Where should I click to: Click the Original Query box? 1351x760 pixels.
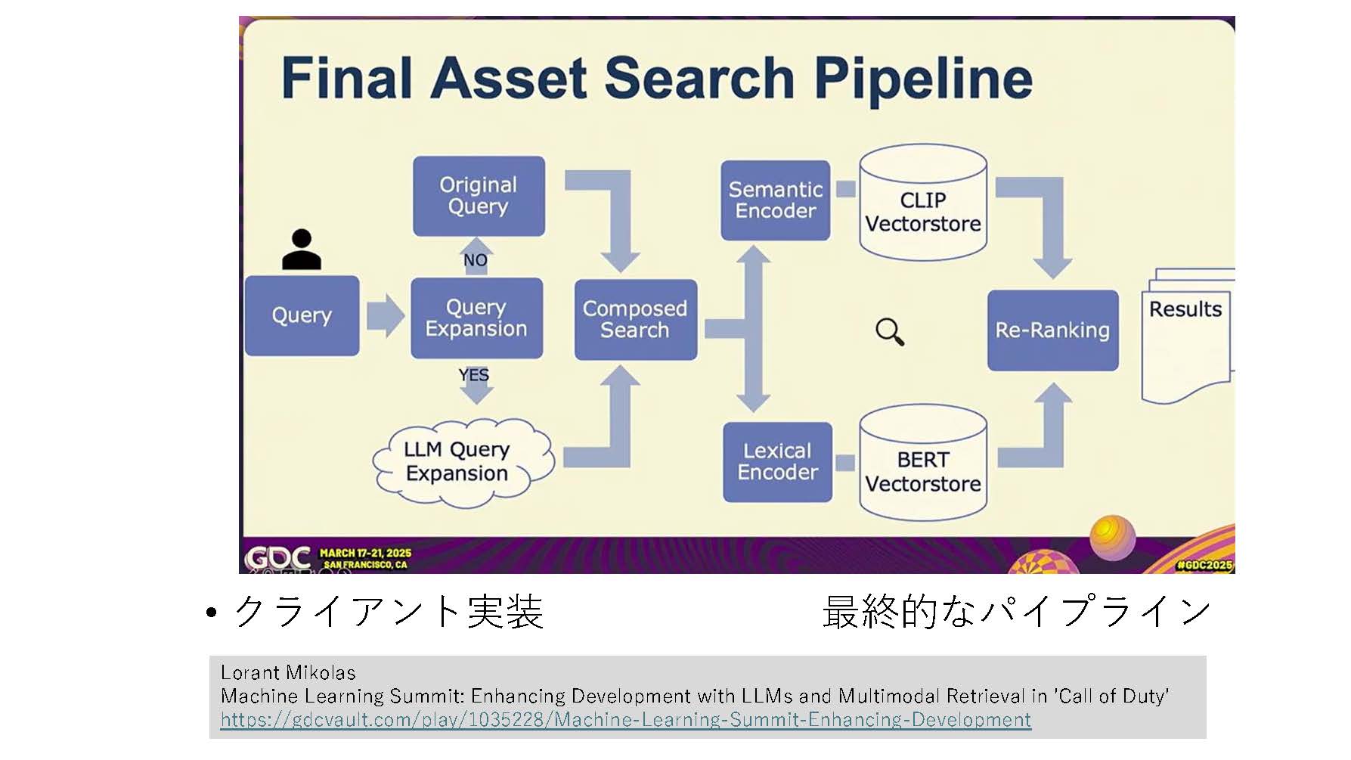479,196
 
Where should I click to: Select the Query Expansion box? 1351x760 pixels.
476,318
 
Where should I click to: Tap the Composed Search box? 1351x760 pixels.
635,319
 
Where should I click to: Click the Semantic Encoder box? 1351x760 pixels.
775,200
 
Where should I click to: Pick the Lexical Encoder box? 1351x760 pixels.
777,461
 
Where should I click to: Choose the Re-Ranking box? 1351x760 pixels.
1052,330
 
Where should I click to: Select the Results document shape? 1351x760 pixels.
1185,337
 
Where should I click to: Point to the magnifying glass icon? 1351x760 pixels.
890,331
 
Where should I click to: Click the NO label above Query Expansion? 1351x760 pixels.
476,260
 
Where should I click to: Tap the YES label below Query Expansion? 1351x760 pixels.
474,375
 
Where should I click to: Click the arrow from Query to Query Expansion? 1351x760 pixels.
385,315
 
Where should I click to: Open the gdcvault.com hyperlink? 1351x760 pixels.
625,719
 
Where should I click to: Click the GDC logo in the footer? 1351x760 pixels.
277,558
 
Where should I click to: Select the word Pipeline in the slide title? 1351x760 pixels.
923,79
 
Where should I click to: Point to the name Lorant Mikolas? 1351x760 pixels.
288,672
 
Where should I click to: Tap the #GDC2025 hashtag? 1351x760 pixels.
1204,564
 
